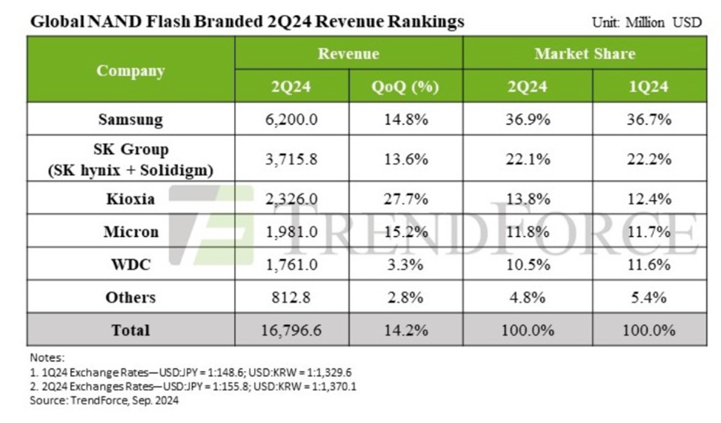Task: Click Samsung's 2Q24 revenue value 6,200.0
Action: (x=291, y=119)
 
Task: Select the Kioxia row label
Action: (x=130, y=199)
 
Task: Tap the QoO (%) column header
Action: (x=405, y=87)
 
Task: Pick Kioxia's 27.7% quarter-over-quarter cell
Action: (x=405, y=199)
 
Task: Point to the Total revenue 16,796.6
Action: (x=291, y=330)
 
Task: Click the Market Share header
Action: (x=585, y=53)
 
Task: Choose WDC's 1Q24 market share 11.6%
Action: (x=648, y=264)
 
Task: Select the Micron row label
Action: (x=130, y=232)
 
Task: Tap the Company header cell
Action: (x=130, y=70)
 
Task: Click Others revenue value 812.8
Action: (x=291, y=297)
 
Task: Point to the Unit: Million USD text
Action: (x=646, y=22)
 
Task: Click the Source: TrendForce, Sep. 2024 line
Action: (x=104, y=401)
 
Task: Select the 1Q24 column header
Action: (x=648, y=87)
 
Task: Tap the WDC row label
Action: (x=130, y=264)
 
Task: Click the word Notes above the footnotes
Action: (x=47, y=358)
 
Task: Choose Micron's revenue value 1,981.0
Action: (x=291, y=232)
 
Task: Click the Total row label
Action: (x=130, y=330)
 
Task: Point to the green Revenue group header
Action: (x=348, y=53)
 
